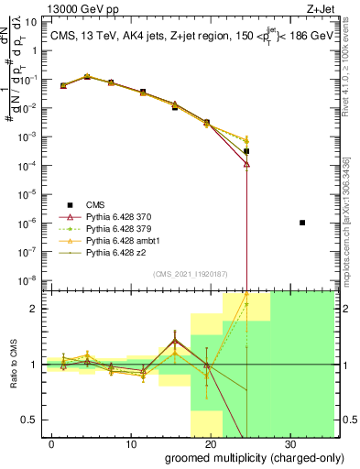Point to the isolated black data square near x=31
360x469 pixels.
(302, 223)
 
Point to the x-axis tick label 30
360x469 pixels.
(289, 444)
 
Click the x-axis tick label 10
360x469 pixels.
(131, 444)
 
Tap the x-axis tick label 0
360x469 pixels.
(52, 444)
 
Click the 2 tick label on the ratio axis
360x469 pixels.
(38, 309)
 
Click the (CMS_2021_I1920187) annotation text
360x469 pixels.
(191, 274)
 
